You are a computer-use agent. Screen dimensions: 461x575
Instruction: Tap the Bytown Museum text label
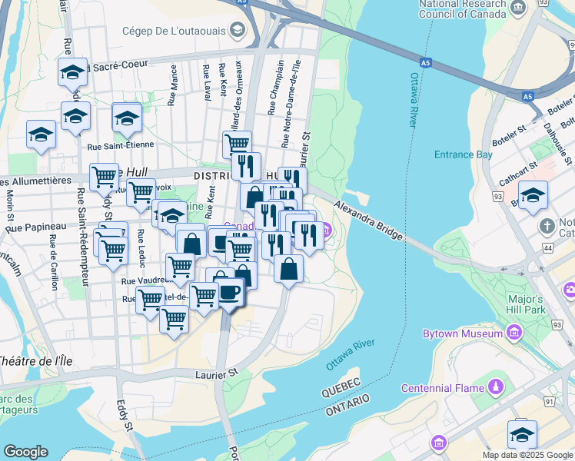(462, 333)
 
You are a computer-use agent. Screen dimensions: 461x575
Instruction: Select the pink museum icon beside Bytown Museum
(514, 333)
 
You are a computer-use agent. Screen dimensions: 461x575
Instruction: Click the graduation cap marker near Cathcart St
(533, 195)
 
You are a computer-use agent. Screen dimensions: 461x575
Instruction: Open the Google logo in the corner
(26, 452)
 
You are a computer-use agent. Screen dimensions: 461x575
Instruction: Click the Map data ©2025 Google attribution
(527, 455)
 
